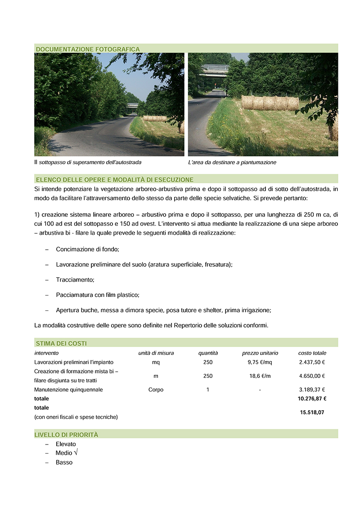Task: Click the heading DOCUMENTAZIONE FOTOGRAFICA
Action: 88,49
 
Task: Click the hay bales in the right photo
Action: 270,103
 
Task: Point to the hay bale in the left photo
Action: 155,118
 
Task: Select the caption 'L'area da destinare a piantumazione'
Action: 232,162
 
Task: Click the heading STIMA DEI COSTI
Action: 61,343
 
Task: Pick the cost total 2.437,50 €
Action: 312,362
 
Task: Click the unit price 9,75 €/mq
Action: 260,362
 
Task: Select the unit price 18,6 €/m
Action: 260,376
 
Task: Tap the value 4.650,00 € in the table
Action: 312,376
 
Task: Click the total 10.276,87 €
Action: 312,399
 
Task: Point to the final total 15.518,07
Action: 312,412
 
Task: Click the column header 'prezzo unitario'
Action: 260,353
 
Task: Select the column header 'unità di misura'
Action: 156,353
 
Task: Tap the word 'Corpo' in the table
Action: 156,390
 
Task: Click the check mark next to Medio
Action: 76,453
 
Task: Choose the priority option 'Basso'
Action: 64,463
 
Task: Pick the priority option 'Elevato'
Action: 66,444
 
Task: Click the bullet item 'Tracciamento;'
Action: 75,280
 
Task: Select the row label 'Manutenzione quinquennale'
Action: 68,390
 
